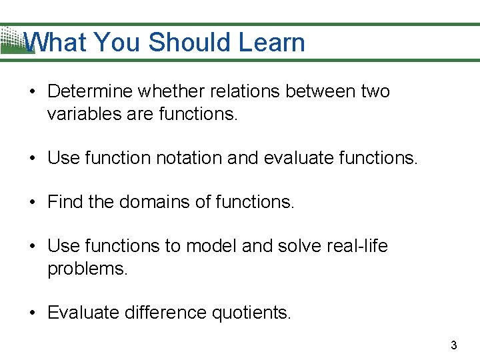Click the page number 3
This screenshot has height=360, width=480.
pos(454,345)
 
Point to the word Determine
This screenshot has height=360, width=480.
pos(89,91)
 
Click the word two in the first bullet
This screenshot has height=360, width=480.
pos(375,91)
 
